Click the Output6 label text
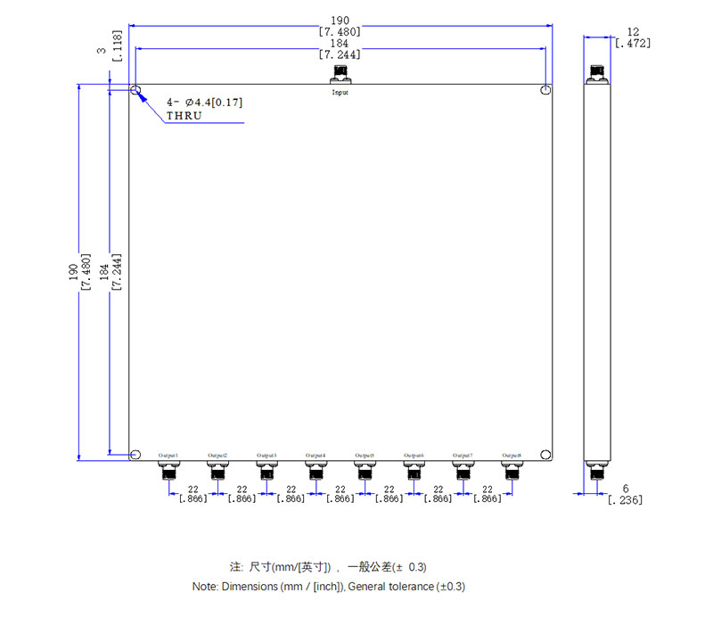click(x=414, y=456)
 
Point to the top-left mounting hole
click(x=135, y=91)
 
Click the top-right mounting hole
click(x=545, y=91)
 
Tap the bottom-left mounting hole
click(x=135, y=455)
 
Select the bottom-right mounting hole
click(x=545, y=455)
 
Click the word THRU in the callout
click(x=184, y=116)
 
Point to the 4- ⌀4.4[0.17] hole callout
click(x=204, y=103)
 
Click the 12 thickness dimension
click(x=634, y=31)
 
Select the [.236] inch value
click(x=625, y=499)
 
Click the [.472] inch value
click(x=634, y=43)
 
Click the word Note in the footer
click(x=206, y=587)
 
